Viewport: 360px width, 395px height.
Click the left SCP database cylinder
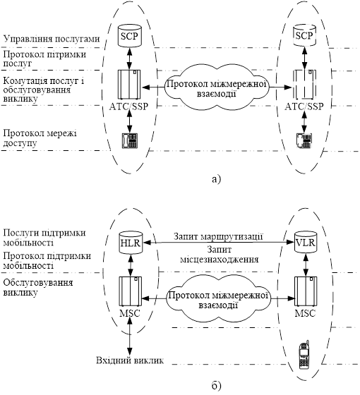coord(129,36)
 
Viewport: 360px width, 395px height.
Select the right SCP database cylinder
coord(304,35)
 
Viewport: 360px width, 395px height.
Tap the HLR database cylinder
coord(131,243)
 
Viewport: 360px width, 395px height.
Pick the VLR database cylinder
coord(305,242)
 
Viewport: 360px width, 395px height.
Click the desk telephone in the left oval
coord(130,140)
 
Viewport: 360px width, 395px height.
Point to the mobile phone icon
coord(304,355)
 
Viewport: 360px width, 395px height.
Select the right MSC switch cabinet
coord(306,291)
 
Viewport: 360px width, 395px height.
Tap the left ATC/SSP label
coord(128,107)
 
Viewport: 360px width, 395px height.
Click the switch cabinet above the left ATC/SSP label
coord(129,85)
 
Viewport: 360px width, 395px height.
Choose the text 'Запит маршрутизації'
coord(218,237)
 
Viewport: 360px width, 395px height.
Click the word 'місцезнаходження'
coord(220,260)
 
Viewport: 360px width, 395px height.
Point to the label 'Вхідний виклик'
coord(130,360)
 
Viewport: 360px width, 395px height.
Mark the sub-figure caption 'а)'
coord(217,179)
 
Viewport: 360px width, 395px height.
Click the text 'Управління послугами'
coord(52,39)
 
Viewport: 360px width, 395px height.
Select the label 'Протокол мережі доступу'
coord(40,138)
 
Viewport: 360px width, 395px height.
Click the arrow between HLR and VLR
coord(219,243)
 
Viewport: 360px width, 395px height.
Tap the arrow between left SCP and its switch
coord(129,59)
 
